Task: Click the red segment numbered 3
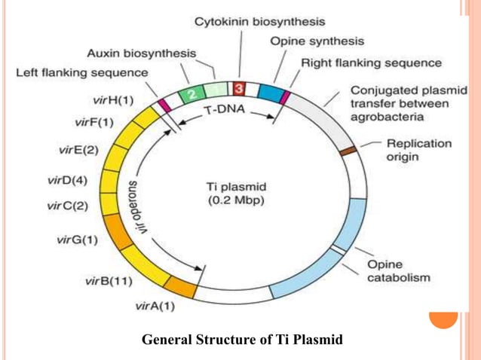coord(238,90)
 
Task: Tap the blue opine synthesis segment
coord(269,93)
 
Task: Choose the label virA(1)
coord(155,306)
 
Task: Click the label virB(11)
coord(109,282)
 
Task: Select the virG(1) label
coord(78,239)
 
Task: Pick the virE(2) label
coord(78,149)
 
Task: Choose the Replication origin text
coord(418,149)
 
